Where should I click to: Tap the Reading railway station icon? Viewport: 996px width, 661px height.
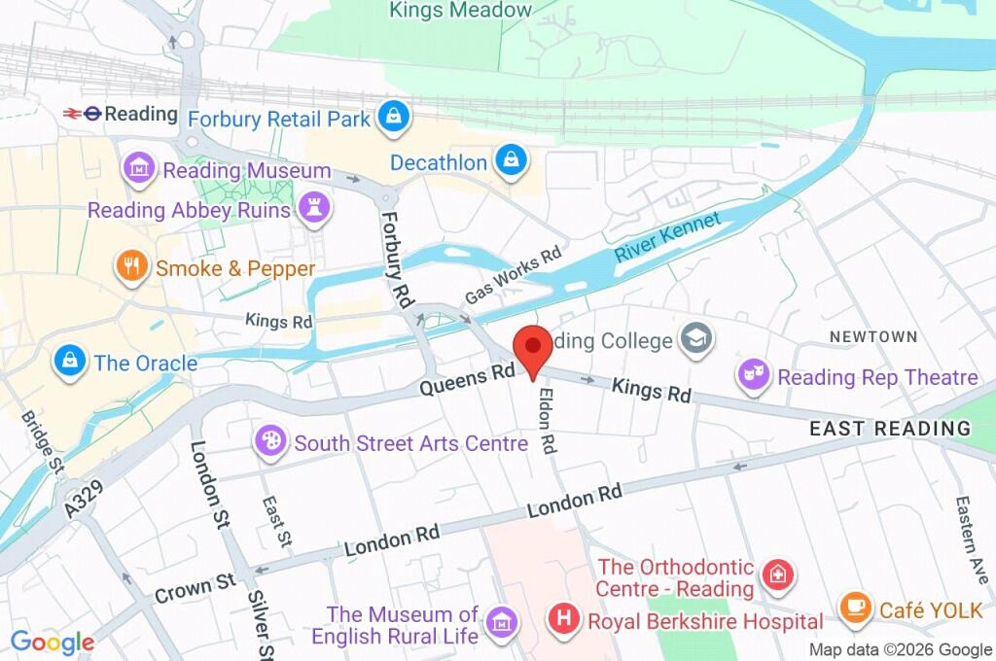pos(82,114)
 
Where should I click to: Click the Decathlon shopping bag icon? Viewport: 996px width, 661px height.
pos(510,162)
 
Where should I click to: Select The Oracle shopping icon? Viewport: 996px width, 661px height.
pos(68,363)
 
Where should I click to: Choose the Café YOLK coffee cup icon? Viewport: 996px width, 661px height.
pos(855,609)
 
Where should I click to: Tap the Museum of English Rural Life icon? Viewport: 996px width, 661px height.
pos(502,620)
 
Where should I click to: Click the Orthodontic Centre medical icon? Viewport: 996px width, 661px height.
pos(778,576)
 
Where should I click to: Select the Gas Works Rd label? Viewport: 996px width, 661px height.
pos(513,274)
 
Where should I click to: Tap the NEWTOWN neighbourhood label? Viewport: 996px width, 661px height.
pos(872,336)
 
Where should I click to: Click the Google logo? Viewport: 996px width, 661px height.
pos(53,643)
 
